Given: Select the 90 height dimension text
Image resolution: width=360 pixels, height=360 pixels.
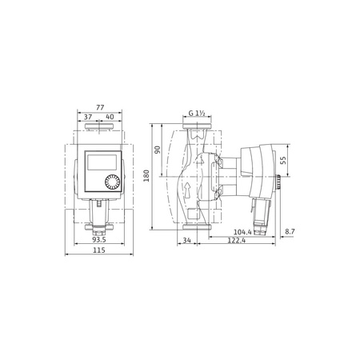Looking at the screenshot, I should tap(158, 150).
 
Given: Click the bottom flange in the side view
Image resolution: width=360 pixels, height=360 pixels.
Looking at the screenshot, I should tap(195, 228).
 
